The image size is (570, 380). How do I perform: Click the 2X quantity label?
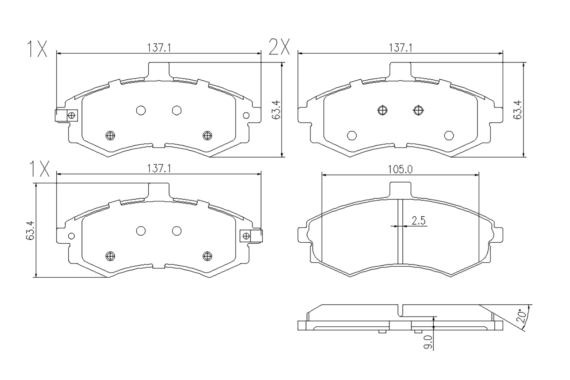(x=279, y=47)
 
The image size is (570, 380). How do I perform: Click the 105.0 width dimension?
(x=400, y=169)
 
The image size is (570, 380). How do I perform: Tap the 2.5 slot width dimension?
(x=419, y=220)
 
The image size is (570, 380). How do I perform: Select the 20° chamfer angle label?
(x=522, y=316)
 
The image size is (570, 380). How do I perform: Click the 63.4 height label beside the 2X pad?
(x=517, y=110)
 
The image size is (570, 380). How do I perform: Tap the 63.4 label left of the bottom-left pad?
(x=30, y=230)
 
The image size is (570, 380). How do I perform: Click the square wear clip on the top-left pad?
(x=66, y=115)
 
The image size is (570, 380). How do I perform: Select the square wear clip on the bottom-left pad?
(x=251, y=236)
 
